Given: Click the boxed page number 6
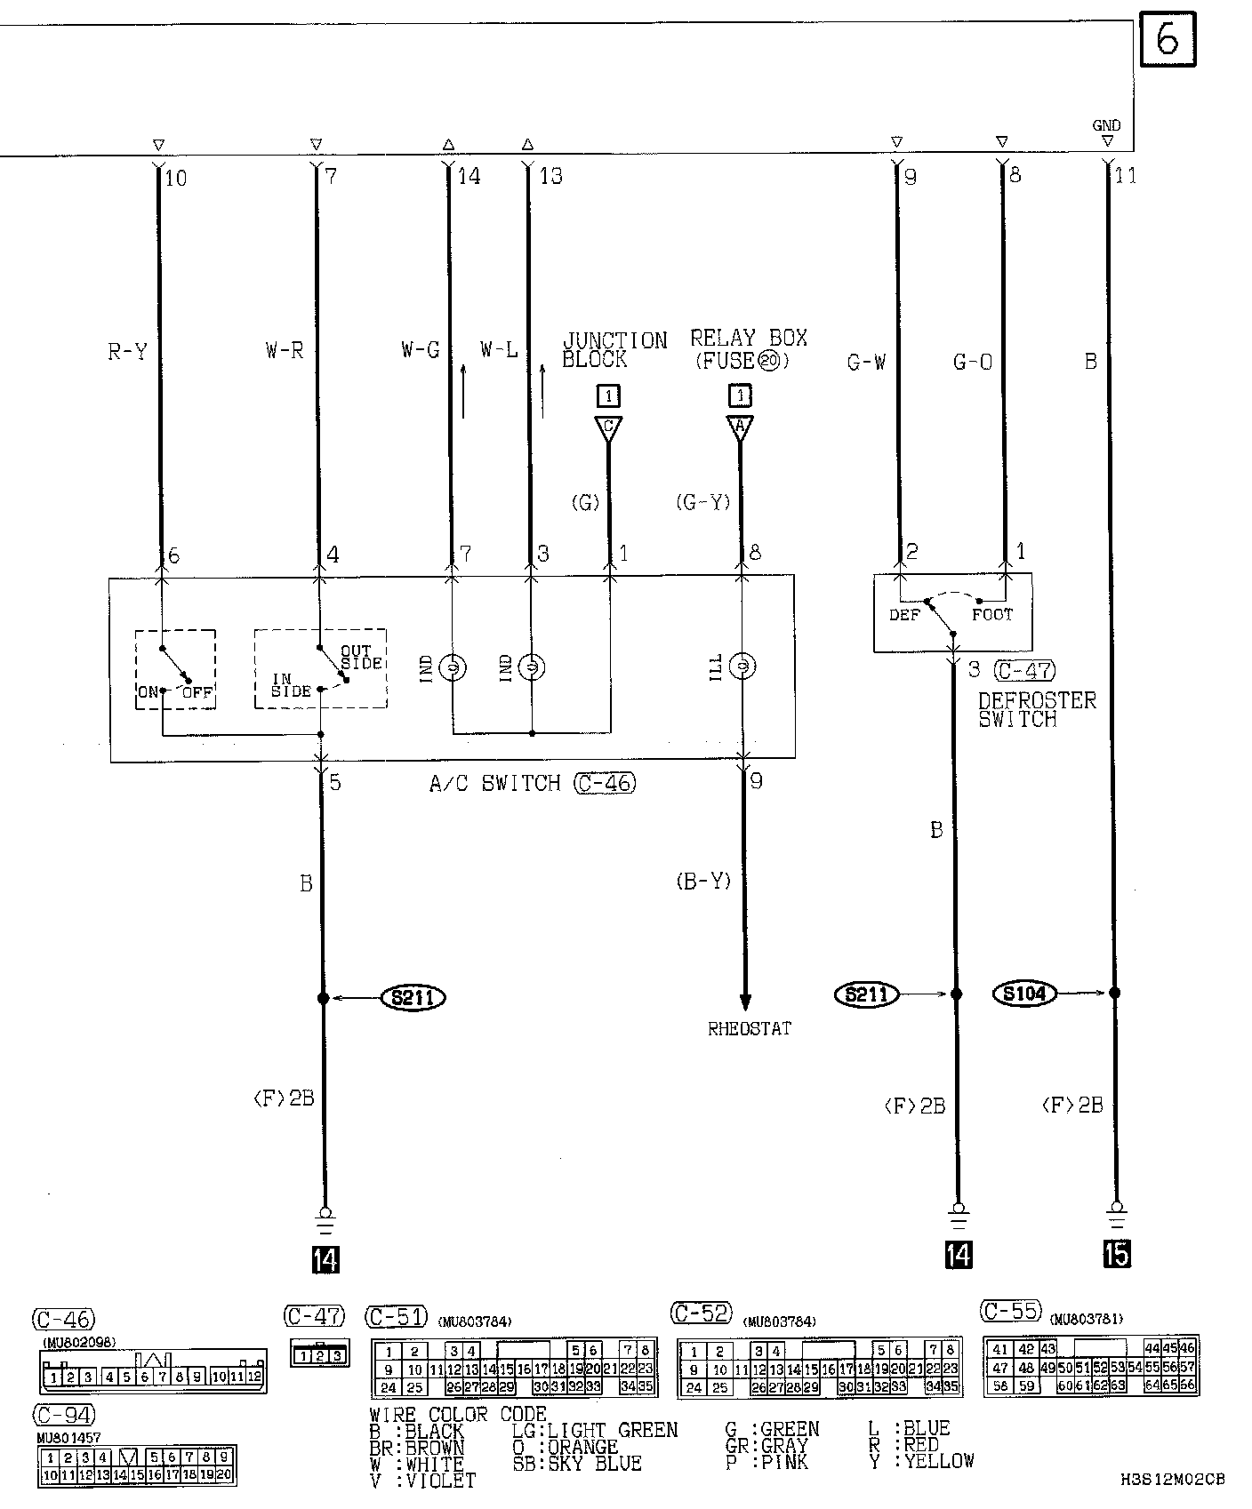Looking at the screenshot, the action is pos(1168,40).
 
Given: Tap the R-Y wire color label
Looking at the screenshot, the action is pos(128,352).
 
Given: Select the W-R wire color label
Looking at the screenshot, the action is pos(285,351).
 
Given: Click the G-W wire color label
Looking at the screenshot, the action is pos(866,362).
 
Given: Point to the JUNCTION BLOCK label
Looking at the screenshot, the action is pos(614,350).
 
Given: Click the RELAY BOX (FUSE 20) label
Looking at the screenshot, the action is pos(749,350).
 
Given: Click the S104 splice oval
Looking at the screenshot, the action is pos(1024,994).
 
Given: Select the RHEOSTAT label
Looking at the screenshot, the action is pos(750,1029).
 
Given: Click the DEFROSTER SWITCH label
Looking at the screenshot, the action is pos(1037,709).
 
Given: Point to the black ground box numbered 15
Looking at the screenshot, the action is pos(1117,1254).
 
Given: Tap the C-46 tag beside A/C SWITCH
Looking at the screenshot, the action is pos(605,783).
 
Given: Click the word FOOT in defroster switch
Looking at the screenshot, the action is pos(991,614).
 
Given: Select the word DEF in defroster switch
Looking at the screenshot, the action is pos(904,614).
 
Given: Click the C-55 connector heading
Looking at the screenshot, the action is pos(1010,1311).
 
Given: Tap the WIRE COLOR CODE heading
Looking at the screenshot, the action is pos(458,1415).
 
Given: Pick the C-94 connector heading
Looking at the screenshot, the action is pos(63,1414).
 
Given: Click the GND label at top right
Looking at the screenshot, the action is pos(1106,125).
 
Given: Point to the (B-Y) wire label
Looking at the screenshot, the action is pos(702,881).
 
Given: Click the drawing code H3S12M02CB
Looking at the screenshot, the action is pos(1172,1480).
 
